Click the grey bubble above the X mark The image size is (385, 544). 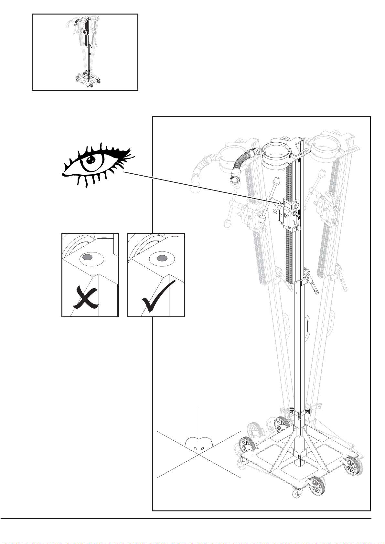87,257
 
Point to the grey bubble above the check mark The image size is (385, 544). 162,258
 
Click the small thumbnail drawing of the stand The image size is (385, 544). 85,52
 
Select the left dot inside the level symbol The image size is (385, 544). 195,448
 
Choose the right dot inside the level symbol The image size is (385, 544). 202,448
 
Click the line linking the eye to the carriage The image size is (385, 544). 200,188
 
